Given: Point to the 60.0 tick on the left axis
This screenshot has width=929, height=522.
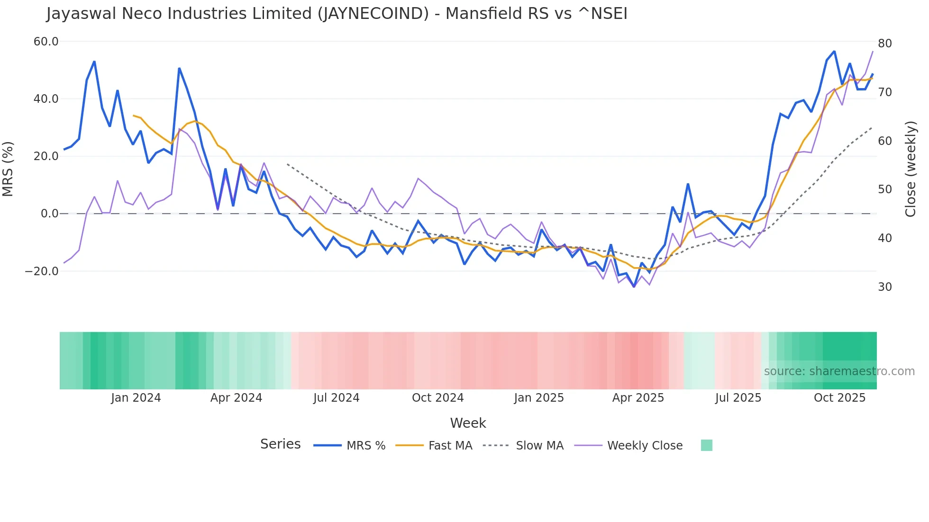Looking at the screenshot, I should (x=46, y=42).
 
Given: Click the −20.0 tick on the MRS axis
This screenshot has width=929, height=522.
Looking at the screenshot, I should (x=42, y=271).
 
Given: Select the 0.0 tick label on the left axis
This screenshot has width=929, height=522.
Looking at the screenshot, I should (x=49, y=214).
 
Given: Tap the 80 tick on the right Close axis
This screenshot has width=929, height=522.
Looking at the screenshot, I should (x=884, y=44).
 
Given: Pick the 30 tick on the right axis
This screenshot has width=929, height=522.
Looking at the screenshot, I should (x=884, y=287).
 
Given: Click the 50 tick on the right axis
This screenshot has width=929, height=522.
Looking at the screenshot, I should (x=884, y=189).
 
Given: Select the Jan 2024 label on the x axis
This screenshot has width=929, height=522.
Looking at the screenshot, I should (x=136, y=398).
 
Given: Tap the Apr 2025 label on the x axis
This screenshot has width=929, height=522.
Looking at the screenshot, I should (x=638, y=398).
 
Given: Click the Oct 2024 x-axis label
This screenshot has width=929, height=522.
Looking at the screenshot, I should (x=437, y=398).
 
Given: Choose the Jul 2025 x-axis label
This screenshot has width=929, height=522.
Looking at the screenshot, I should (x=738, y=398).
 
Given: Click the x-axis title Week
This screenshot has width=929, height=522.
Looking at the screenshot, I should (x=468, y=423).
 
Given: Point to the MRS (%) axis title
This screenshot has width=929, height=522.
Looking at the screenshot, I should (x=8, y=169).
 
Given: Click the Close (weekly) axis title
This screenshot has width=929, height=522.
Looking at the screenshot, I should (x=910, y=169).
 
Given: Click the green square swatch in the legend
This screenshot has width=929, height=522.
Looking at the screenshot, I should (x=706, y=445).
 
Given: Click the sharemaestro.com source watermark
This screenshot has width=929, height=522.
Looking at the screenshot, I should (x=839, y=371).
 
